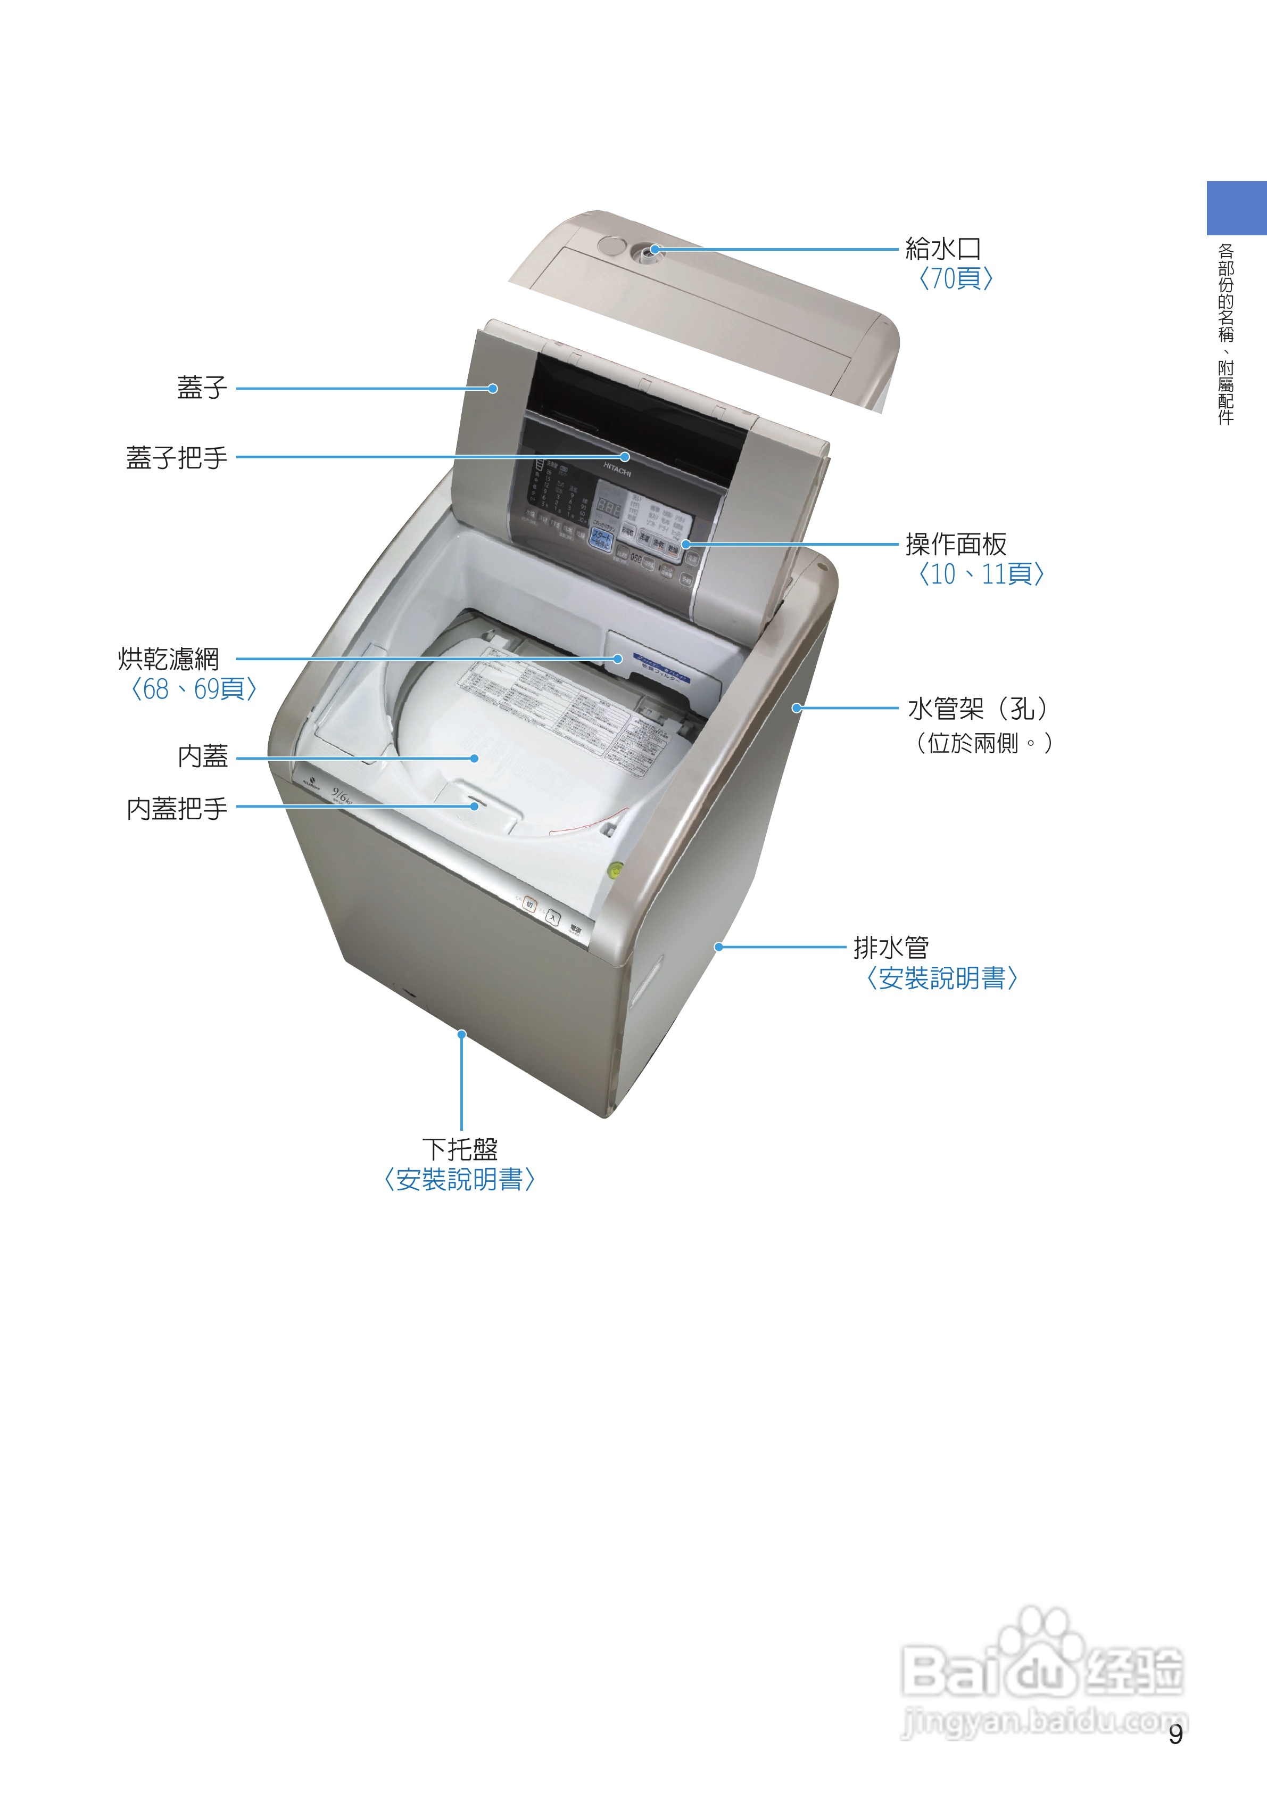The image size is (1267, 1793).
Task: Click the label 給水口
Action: (942, 249)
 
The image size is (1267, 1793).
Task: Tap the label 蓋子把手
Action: (177, 458)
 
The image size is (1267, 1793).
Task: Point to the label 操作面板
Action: (956, 544)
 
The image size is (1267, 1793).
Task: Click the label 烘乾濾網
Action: (169, 659)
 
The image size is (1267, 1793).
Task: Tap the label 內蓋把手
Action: (177, 808)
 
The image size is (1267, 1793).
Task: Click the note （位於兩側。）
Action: (983, 742)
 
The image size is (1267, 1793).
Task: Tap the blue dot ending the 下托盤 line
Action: (461, 1034)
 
